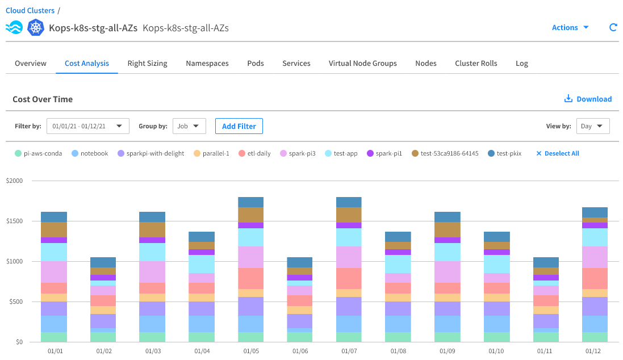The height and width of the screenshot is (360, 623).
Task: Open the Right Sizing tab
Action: tap(147, 64)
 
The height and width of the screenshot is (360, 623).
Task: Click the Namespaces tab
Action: tap(207, 64)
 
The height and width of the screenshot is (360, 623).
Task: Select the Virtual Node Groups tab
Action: tap(362, 64)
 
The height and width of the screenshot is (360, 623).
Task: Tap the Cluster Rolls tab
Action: tap(476, 64)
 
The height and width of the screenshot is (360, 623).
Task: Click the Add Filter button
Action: tap(239, 126)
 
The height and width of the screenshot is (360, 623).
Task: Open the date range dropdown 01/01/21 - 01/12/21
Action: tap(87, 126)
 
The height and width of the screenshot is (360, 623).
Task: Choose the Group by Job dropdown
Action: tap(189, 126)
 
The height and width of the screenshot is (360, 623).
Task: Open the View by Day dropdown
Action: tap(592, 126)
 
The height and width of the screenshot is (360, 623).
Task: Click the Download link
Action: tap(588, 99)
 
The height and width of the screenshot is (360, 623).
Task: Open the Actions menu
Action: tap(570, 27)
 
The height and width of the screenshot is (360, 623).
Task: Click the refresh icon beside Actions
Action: tap(613, 27)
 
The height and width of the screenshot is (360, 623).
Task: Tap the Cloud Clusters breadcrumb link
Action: tap(30, 10)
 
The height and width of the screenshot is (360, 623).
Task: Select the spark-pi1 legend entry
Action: tap(384, 153)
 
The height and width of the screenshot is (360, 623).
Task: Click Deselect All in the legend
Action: tap(558, 153)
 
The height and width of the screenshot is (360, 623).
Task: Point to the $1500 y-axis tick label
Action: tap(15, 221)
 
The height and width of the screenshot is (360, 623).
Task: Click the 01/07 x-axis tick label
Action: tap(349, 351)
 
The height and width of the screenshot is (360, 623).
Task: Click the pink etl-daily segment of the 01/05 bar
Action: tap(250, 278)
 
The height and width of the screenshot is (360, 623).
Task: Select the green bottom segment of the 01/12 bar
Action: tap(595, 337)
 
